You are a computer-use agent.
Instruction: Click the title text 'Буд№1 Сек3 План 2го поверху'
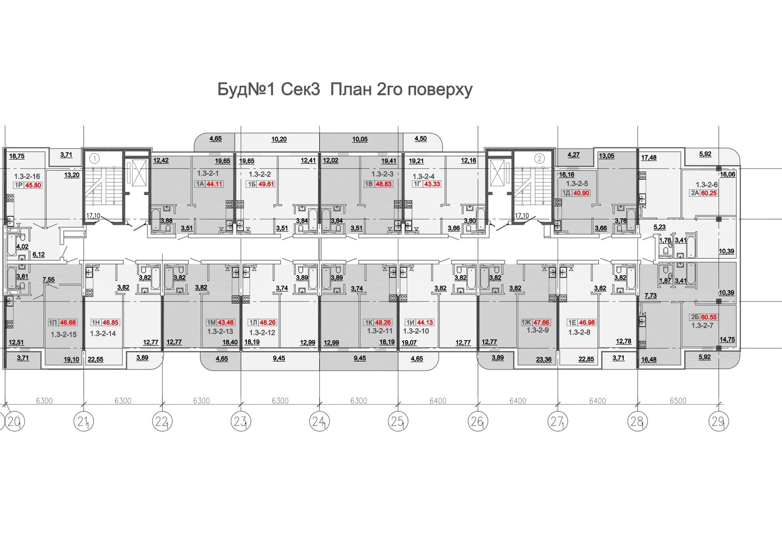[345, 90]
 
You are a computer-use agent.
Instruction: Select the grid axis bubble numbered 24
[319, 422]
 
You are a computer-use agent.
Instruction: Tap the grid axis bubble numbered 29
[719, 422]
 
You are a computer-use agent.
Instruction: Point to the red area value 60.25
[708, 193]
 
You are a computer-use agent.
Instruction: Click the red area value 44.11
[214, 184]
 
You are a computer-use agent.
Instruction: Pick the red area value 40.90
[581, 193]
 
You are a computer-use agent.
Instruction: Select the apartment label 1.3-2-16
[27, 177]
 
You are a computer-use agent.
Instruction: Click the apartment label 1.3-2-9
[538, 330]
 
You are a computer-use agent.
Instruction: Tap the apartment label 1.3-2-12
[262, 332]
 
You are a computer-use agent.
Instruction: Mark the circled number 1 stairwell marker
[94, 159]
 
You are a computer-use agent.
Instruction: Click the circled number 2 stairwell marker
[539, 159]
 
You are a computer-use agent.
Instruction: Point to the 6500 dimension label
[678, 401]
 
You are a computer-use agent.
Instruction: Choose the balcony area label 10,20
[279, 139]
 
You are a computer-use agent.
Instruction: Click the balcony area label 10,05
[360, 139]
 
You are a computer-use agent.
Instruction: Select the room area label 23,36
[544, 359]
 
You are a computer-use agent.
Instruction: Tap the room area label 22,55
[95, 359]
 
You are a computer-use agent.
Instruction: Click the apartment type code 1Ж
[526, 323]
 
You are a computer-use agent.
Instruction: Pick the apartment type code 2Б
[694, 317]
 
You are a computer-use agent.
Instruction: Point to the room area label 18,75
[17, 156]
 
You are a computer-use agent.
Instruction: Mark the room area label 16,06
[728, 174]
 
